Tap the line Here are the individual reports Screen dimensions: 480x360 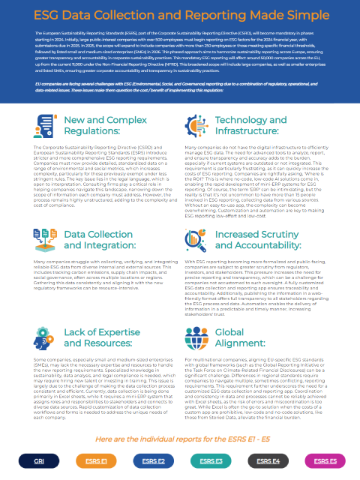[180, 438]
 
